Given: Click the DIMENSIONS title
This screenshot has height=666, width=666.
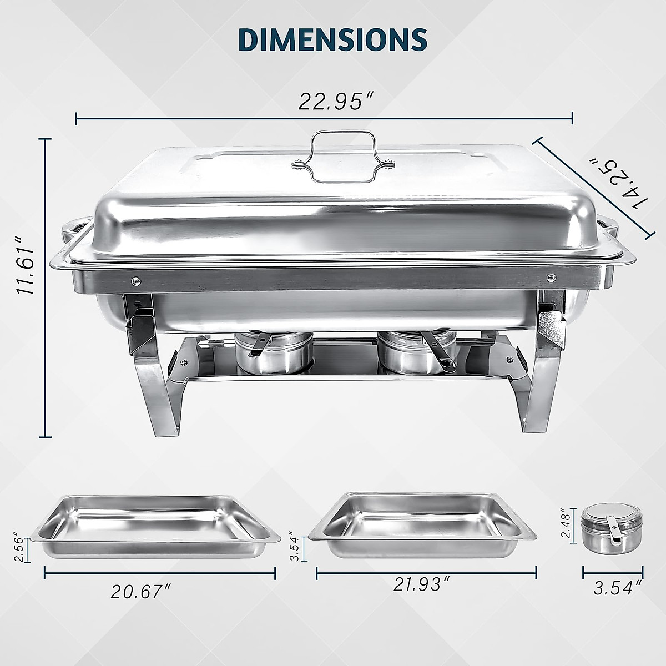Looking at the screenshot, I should [332, 40].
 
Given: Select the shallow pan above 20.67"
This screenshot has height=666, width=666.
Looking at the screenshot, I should [158, 527].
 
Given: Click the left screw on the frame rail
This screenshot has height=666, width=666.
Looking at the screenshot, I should [135, 281].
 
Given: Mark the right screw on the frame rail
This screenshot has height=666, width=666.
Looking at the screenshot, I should [550, 276].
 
